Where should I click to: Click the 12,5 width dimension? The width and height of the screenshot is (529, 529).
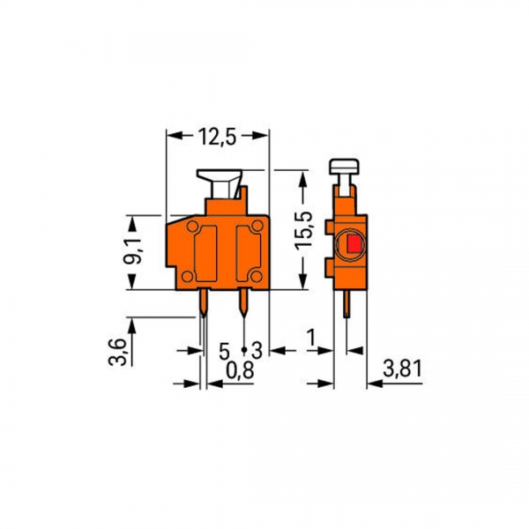tap(217, 137)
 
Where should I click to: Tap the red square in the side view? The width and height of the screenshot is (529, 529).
tap(352, 245)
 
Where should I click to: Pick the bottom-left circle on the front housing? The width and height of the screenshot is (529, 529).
tap(186, 276)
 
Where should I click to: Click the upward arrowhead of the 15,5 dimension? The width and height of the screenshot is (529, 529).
tap(304, 178)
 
